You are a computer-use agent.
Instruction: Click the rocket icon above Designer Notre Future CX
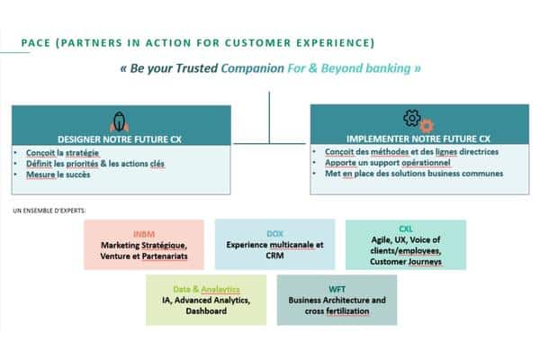[x=121, y=121]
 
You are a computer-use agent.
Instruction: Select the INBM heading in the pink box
[x=143, y=233]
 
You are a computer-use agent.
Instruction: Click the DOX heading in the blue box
[x=274, y=233]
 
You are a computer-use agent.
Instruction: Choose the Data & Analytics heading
[x=206, y=288]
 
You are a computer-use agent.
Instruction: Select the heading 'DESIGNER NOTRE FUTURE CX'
[x=121, y=139]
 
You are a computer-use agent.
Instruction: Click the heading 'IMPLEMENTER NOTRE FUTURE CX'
[x=418, y=139]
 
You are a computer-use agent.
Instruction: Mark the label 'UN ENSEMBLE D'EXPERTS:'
[x=56, y=211]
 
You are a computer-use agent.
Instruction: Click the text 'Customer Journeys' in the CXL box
[x=405, y=262]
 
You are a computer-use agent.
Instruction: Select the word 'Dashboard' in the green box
[x=206, y=310]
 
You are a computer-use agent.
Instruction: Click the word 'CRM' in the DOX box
[x=274, y=255]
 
